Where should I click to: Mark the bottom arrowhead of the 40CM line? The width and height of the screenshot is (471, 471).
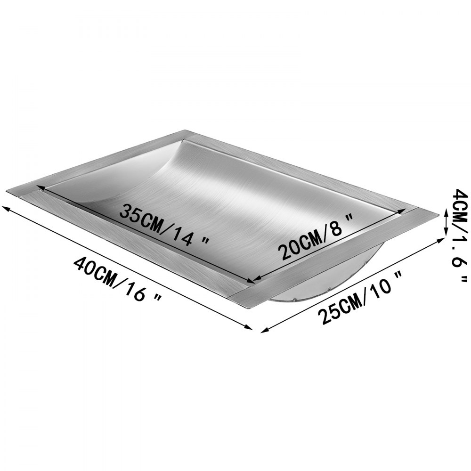click(251, 328)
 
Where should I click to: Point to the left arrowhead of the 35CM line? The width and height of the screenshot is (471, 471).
click(41, 187)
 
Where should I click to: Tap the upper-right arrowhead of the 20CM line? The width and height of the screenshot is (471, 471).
click(401, 211)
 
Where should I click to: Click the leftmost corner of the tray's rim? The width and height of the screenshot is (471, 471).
click(7, 191)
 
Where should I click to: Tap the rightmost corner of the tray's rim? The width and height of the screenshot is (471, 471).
click(438, 214)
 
